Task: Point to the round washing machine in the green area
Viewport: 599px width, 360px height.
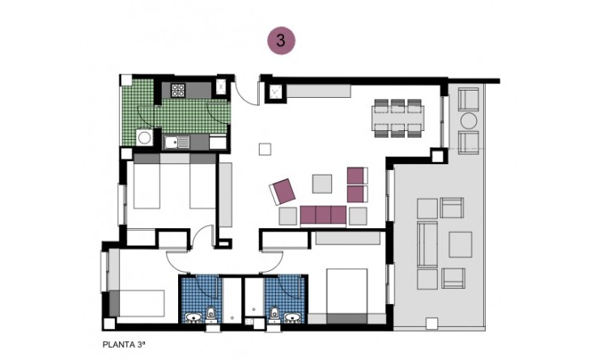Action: pyautogui.click(x=145, y=138)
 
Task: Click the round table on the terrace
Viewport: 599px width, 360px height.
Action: pyautogui.click(x=469, y=121)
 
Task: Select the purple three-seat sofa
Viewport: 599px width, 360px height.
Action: pyautogui.click(x=324, y=215)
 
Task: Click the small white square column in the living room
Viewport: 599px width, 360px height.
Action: pyautogui.click(x=265, y=149)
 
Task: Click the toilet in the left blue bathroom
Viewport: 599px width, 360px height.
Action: pyautogui.click(x=210, y=313)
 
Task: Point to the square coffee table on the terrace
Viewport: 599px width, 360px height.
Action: pyautogui.click(x=460, y=244)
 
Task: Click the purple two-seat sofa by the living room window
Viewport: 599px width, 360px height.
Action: pyautogui.click(x=357, y=184)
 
